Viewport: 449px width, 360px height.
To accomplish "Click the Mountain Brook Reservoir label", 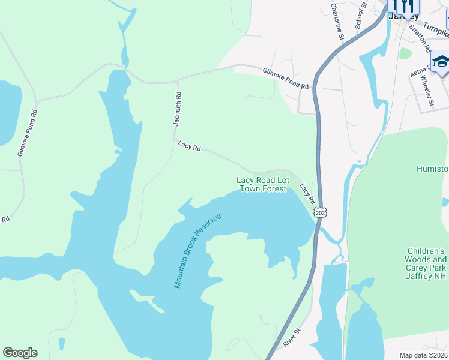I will click(x=198, y=250).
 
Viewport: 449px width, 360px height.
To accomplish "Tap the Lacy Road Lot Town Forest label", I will click(x=262, y=184).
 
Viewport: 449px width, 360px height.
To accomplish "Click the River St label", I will click(x=291, y=337).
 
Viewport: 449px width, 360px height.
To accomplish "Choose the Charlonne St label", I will click(x=337, y=22).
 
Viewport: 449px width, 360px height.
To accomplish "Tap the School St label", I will click(x=360, y=15).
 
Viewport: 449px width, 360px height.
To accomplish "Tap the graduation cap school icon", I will click(x=441, y=62).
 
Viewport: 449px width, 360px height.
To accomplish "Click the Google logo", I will click(x=20, y=353).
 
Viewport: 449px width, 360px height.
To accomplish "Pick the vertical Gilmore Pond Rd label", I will click(x=27, y=133).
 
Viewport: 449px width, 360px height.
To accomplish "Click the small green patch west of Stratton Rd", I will click(x=406, y=53).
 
